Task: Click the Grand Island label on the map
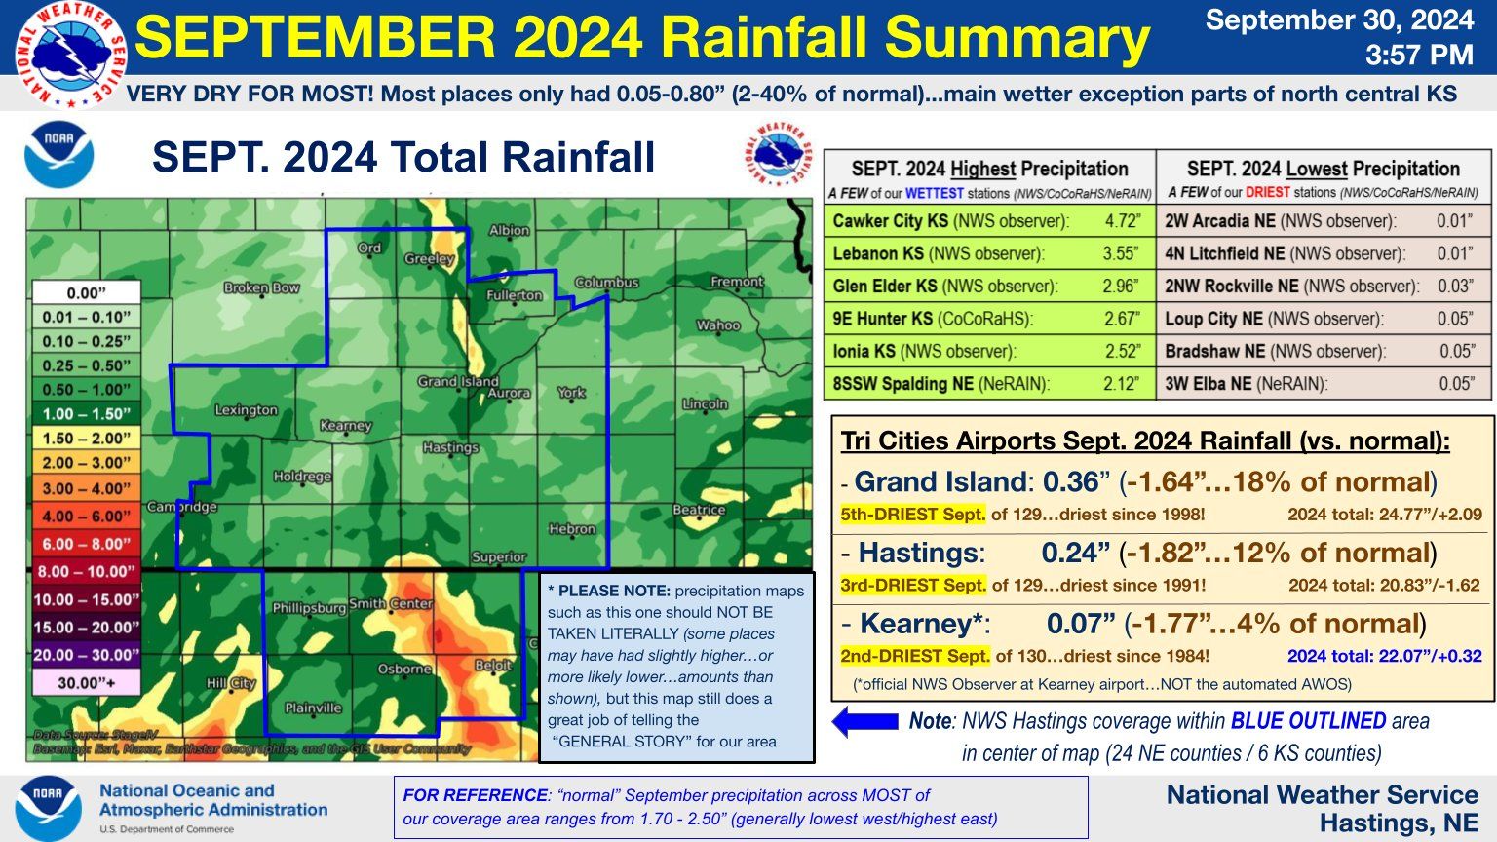tap(457, 381)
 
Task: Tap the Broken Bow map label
tap(261, 287)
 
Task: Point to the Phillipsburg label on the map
tap(308, 608)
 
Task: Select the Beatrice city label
tap(699, 510)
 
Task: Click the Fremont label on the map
tap(737, 282)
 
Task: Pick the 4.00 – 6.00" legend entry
tap(86, 517)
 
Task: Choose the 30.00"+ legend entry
tap(86, 682)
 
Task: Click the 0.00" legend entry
tap(86, 292)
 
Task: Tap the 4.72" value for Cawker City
tap(1122, 221)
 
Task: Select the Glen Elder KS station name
tap(884, 287)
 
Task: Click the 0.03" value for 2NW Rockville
tap(1455, 287)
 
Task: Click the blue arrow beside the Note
tap(864, 721)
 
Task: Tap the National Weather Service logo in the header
tap(70, 54)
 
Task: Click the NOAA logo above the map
tap(59, 154)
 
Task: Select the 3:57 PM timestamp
tap(1418, 56)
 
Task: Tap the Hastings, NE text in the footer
tap(1399, 823)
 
